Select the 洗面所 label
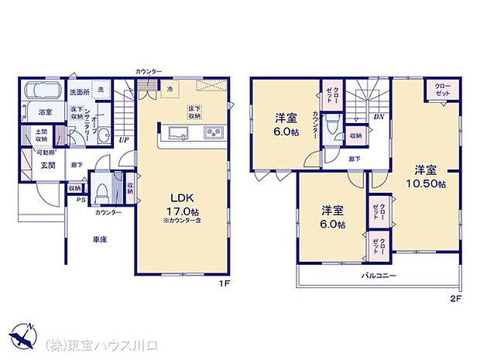click(78, 93)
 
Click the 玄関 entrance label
click(47, 165)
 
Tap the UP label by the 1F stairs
click(123, 141)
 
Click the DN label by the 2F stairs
click(379, 117)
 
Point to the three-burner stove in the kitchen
click(213, 134)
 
